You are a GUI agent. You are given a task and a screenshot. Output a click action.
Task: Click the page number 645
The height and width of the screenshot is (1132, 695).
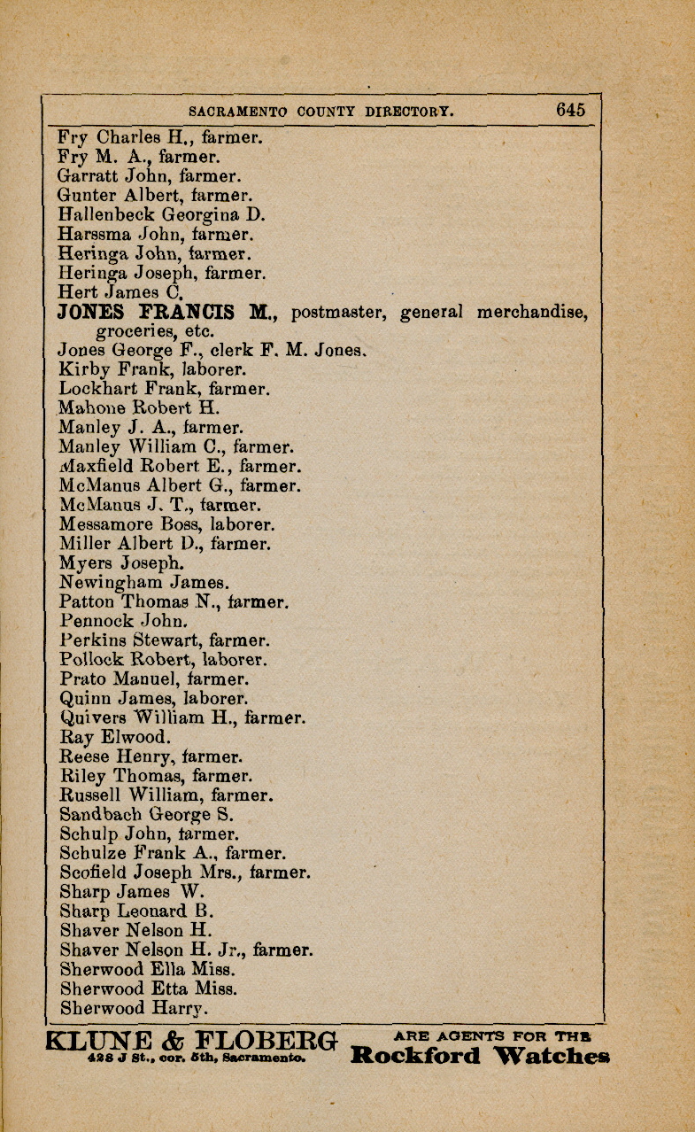click(571, 110)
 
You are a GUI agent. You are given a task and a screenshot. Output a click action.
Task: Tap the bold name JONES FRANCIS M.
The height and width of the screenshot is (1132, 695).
click(168, 312)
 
